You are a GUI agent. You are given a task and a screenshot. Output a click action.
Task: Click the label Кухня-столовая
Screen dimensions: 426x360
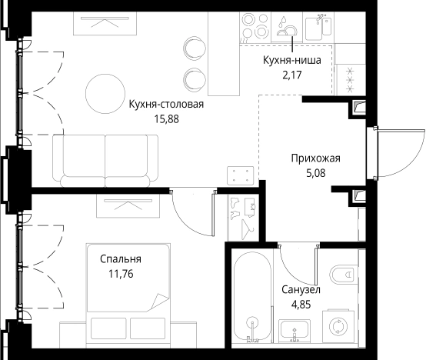click(x=166, y=105)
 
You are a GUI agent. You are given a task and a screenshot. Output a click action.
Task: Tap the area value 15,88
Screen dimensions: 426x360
click(x=167, y=119)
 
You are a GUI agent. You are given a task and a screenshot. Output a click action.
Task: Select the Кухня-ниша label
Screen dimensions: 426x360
click(x=291, y=60)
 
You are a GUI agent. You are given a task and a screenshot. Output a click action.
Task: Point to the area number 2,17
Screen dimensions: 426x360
click(x=292, y=75)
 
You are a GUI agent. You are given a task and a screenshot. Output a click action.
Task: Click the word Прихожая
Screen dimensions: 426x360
click(x=316, y=158)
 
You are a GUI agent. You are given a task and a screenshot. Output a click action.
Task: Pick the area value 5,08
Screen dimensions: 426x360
click(x=316, y=173)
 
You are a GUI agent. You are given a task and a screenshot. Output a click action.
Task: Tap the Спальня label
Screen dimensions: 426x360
click(x=121, y=259)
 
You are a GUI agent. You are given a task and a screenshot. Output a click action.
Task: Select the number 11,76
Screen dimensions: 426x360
click(x=121, y=274)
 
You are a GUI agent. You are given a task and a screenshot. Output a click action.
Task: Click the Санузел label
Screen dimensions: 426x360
click(x=301, y=290)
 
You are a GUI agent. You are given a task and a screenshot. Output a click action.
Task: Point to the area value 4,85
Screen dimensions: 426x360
click(x=301, y=305)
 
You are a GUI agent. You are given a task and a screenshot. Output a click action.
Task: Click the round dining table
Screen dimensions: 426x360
click(x=105, y=94)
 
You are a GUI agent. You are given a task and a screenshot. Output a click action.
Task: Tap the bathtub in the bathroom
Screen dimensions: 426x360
click(x=253, y=296)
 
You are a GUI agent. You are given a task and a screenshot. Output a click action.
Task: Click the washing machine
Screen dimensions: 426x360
click(x=338, y=325)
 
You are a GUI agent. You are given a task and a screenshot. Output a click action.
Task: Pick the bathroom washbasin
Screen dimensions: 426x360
click(x=295, y=331)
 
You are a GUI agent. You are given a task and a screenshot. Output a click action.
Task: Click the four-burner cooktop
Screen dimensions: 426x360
click(x=255, y=27)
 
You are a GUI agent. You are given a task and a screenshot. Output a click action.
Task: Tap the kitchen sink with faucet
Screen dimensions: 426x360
click(x=318, y=27)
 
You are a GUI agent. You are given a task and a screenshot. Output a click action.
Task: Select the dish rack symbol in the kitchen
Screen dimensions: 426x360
click(x=287, y=27)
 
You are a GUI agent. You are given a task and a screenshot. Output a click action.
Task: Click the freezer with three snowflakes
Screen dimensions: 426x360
click(x=350, y=79)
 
